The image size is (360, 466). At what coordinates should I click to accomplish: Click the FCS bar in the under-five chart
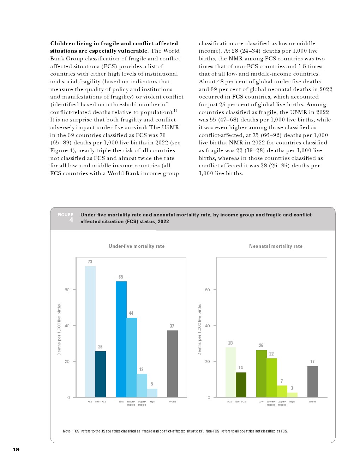(90, 331)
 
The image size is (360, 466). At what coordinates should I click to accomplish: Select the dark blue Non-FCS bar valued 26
(101, 374)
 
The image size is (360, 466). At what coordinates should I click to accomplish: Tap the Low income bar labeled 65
(121, 339)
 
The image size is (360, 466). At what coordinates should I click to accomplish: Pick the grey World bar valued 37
(172, 364)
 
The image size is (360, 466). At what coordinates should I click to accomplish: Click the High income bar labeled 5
(152, 393)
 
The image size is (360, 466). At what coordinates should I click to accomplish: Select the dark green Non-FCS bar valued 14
(241, 385)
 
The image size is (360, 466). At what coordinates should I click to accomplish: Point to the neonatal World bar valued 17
(312, 382)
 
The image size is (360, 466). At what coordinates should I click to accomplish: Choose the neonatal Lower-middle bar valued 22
(271, 378)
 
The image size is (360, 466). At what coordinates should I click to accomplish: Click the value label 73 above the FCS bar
(90, 262)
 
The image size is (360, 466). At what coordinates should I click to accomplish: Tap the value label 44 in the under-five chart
(131, 313)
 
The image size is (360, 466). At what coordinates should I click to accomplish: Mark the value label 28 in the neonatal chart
(230, 343)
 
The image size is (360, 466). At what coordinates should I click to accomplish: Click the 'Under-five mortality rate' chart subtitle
(136, 246)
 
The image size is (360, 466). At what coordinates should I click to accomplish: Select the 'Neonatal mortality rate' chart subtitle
(276, 246)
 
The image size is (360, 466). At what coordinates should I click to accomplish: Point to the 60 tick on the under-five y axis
(67, 290)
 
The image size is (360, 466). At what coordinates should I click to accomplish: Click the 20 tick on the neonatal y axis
(207, 362)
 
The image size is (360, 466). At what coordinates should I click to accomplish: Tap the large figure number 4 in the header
(71, 221)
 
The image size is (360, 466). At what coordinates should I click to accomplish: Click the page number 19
(16, 449)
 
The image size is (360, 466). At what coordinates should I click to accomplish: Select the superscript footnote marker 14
(175, 111)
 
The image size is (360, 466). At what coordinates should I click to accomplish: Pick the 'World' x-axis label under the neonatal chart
(312, 401)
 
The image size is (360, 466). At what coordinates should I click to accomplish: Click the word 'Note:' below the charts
(67, 431)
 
